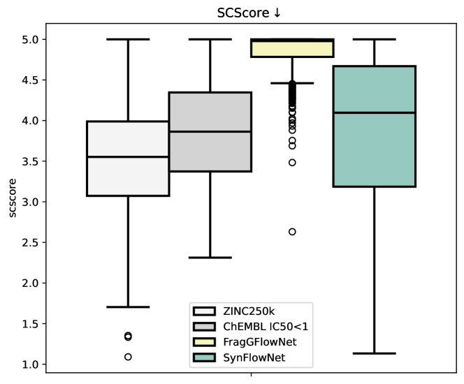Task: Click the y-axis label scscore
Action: coord(13,201)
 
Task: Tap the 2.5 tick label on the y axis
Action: coord(29,242)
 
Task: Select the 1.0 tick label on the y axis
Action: coord(29,364)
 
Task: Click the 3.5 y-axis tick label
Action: coord(29,161)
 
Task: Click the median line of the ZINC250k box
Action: coord(128,157)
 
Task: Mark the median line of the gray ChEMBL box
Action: coord(210,131)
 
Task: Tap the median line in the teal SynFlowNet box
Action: coord(375,112)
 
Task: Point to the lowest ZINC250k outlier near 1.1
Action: coord(128,357)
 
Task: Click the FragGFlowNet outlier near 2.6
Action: coord(292,232)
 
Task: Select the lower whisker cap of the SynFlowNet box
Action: coord(375,353)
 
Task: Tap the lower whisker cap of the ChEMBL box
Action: coord(210,258)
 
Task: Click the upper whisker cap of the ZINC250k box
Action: coord(128,40)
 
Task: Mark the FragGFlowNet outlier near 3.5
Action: coord(292,162)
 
